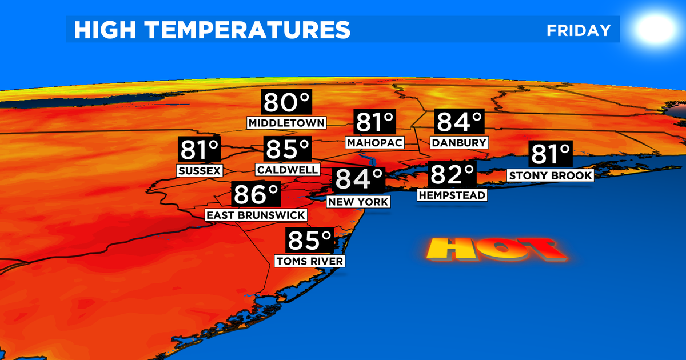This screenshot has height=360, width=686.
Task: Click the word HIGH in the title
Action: pos(101,30)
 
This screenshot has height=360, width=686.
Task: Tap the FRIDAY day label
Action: pos(579,30)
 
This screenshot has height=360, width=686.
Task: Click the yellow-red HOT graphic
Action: pos(495,250)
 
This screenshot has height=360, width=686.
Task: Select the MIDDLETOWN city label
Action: pos(287,123)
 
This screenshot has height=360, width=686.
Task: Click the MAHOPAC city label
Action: pos(374,142)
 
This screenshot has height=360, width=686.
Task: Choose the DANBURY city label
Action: pos(459,142)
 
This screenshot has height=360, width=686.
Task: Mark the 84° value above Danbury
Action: pos(460,122)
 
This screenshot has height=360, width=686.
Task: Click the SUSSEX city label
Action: pos(199,170)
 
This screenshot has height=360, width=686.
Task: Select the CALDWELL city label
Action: pos(286,170)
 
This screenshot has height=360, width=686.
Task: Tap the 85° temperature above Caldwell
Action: pos(287,150)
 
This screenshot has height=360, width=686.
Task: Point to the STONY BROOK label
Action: pos(551,175)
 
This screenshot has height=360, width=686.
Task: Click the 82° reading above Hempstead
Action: pos(452,174)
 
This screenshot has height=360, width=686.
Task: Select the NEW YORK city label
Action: pos(358,202)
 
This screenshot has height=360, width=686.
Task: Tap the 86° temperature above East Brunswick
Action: pos(256,195)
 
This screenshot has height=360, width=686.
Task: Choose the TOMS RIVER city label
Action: pos(310,261)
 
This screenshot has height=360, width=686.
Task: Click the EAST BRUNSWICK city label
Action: pos(256,215)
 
